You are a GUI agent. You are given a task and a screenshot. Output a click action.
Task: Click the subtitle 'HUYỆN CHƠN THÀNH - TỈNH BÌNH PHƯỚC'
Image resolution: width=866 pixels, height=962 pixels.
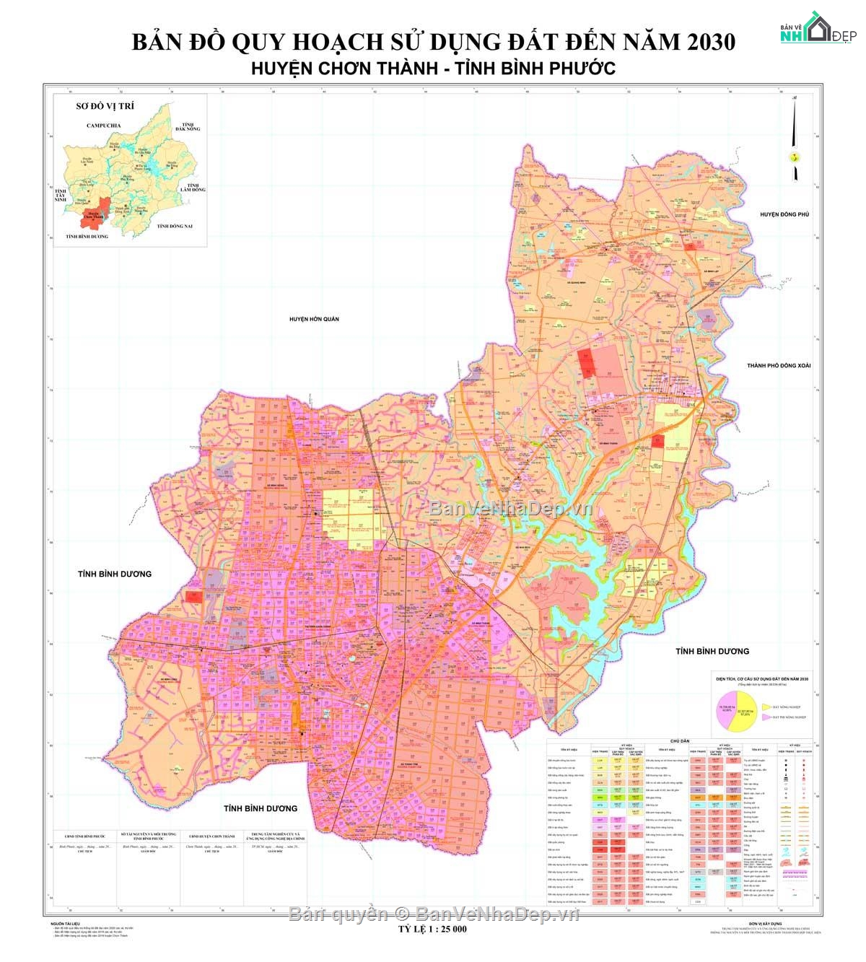pos(433,68)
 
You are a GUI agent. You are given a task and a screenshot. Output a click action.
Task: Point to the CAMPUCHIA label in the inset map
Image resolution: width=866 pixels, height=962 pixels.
pos(103,126)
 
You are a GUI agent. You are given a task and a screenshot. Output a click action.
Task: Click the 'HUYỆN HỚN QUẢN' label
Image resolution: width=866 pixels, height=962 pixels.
pos(314,318)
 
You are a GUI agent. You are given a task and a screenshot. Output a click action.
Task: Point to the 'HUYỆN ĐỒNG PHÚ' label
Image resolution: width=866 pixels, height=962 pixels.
pos(784,214)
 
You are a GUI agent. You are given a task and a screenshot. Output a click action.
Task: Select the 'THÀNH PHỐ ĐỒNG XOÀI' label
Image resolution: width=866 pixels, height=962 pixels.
pos(779,365)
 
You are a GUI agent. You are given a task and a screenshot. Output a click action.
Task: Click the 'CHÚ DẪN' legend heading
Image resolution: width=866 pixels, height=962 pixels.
pos(680,740)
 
